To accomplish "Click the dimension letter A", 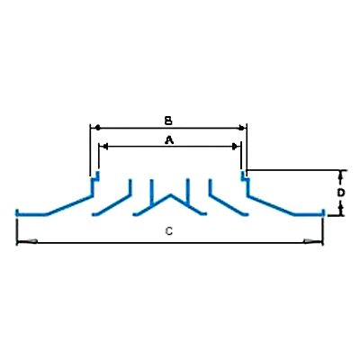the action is (x=169, y=140).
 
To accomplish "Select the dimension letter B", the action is (x=168, y=121).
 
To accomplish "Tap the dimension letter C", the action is (x=169, y=231).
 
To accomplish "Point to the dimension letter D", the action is (x=340, y=193).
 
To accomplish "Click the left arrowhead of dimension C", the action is (x=28, y=241).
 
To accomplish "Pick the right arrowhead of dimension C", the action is (x=313, y=241).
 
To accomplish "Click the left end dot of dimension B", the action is (x=97, y=128).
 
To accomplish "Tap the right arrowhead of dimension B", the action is (x=241, y=128).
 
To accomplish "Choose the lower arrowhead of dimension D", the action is (x=340, y=210).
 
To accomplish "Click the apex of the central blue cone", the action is (x=171, y=195).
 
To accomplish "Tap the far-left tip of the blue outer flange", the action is (x=17, y=212).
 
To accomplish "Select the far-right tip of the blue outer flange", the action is (x=324, y=212).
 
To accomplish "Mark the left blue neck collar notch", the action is (x=95, y=177).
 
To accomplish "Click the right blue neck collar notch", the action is (x=245, y=177).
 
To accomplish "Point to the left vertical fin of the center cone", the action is (x=152, y=193).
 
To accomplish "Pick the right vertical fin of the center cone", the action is (x=188, y=191).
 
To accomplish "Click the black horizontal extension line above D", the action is (x=296, y=170).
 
